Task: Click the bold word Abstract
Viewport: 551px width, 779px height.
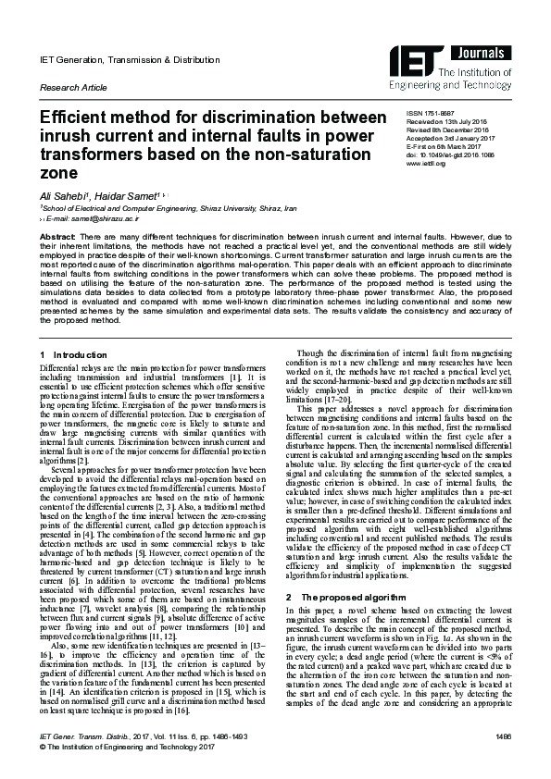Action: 56,238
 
